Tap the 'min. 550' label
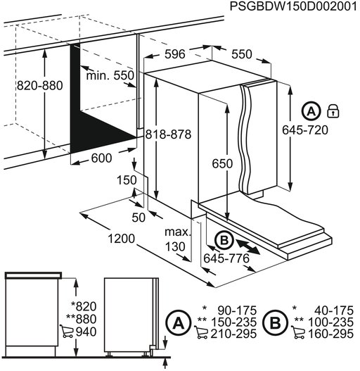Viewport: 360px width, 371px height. pos(110,75)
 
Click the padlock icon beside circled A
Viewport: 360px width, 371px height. pos(333,111)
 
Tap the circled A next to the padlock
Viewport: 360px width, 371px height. pos(310,111)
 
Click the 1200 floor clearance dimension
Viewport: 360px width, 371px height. pos(121,239)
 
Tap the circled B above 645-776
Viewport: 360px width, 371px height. pos(223,241)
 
